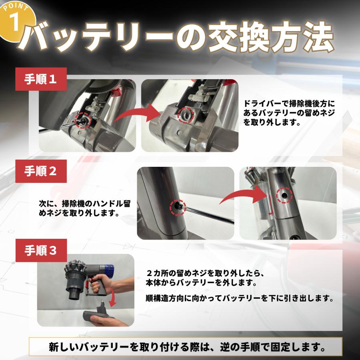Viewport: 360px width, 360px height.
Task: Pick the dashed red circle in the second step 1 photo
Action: (x=185, y=115)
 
